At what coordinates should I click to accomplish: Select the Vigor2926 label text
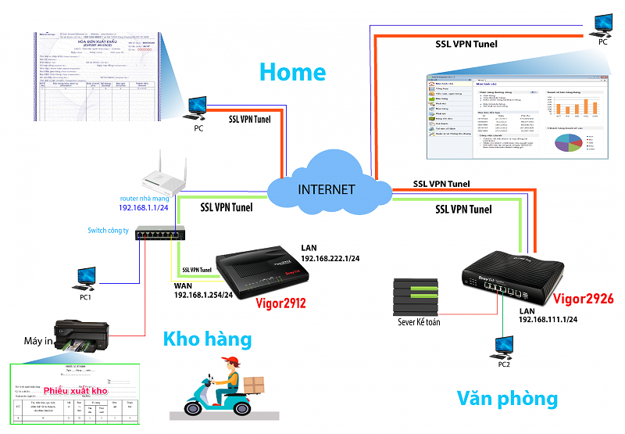[584, 298]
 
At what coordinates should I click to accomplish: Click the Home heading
[292, 72]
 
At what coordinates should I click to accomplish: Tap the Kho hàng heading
[207, 339]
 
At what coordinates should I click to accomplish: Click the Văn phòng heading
[507, 399]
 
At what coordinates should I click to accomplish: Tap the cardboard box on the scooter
[255, 385]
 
